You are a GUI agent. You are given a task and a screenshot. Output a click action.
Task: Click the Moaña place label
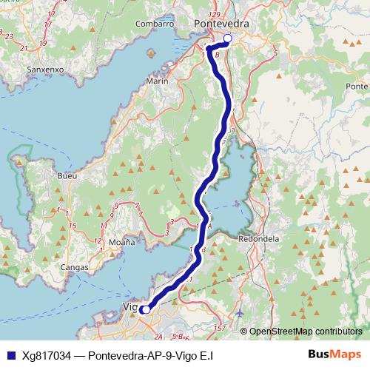[x=124, y=242]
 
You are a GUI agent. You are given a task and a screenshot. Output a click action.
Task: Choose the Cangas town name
[x=75, y=266]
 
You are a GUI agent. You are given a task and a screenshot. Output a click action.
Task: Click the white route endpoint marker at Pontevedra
[x=227, y=38]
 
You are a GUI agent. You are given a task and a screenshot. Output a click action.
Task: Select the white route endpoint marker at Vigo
[x=147, y=309]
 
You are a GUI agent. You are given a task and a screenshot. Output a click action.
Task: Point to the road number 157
[x=219, y=327]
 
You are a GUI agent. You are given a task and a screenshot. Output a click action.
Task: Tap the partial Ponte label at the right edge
[x=357, y=87]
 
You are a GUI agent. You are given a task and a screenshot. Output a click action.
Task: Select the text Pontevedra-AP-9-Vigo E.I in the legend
[x=151, y=355]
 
